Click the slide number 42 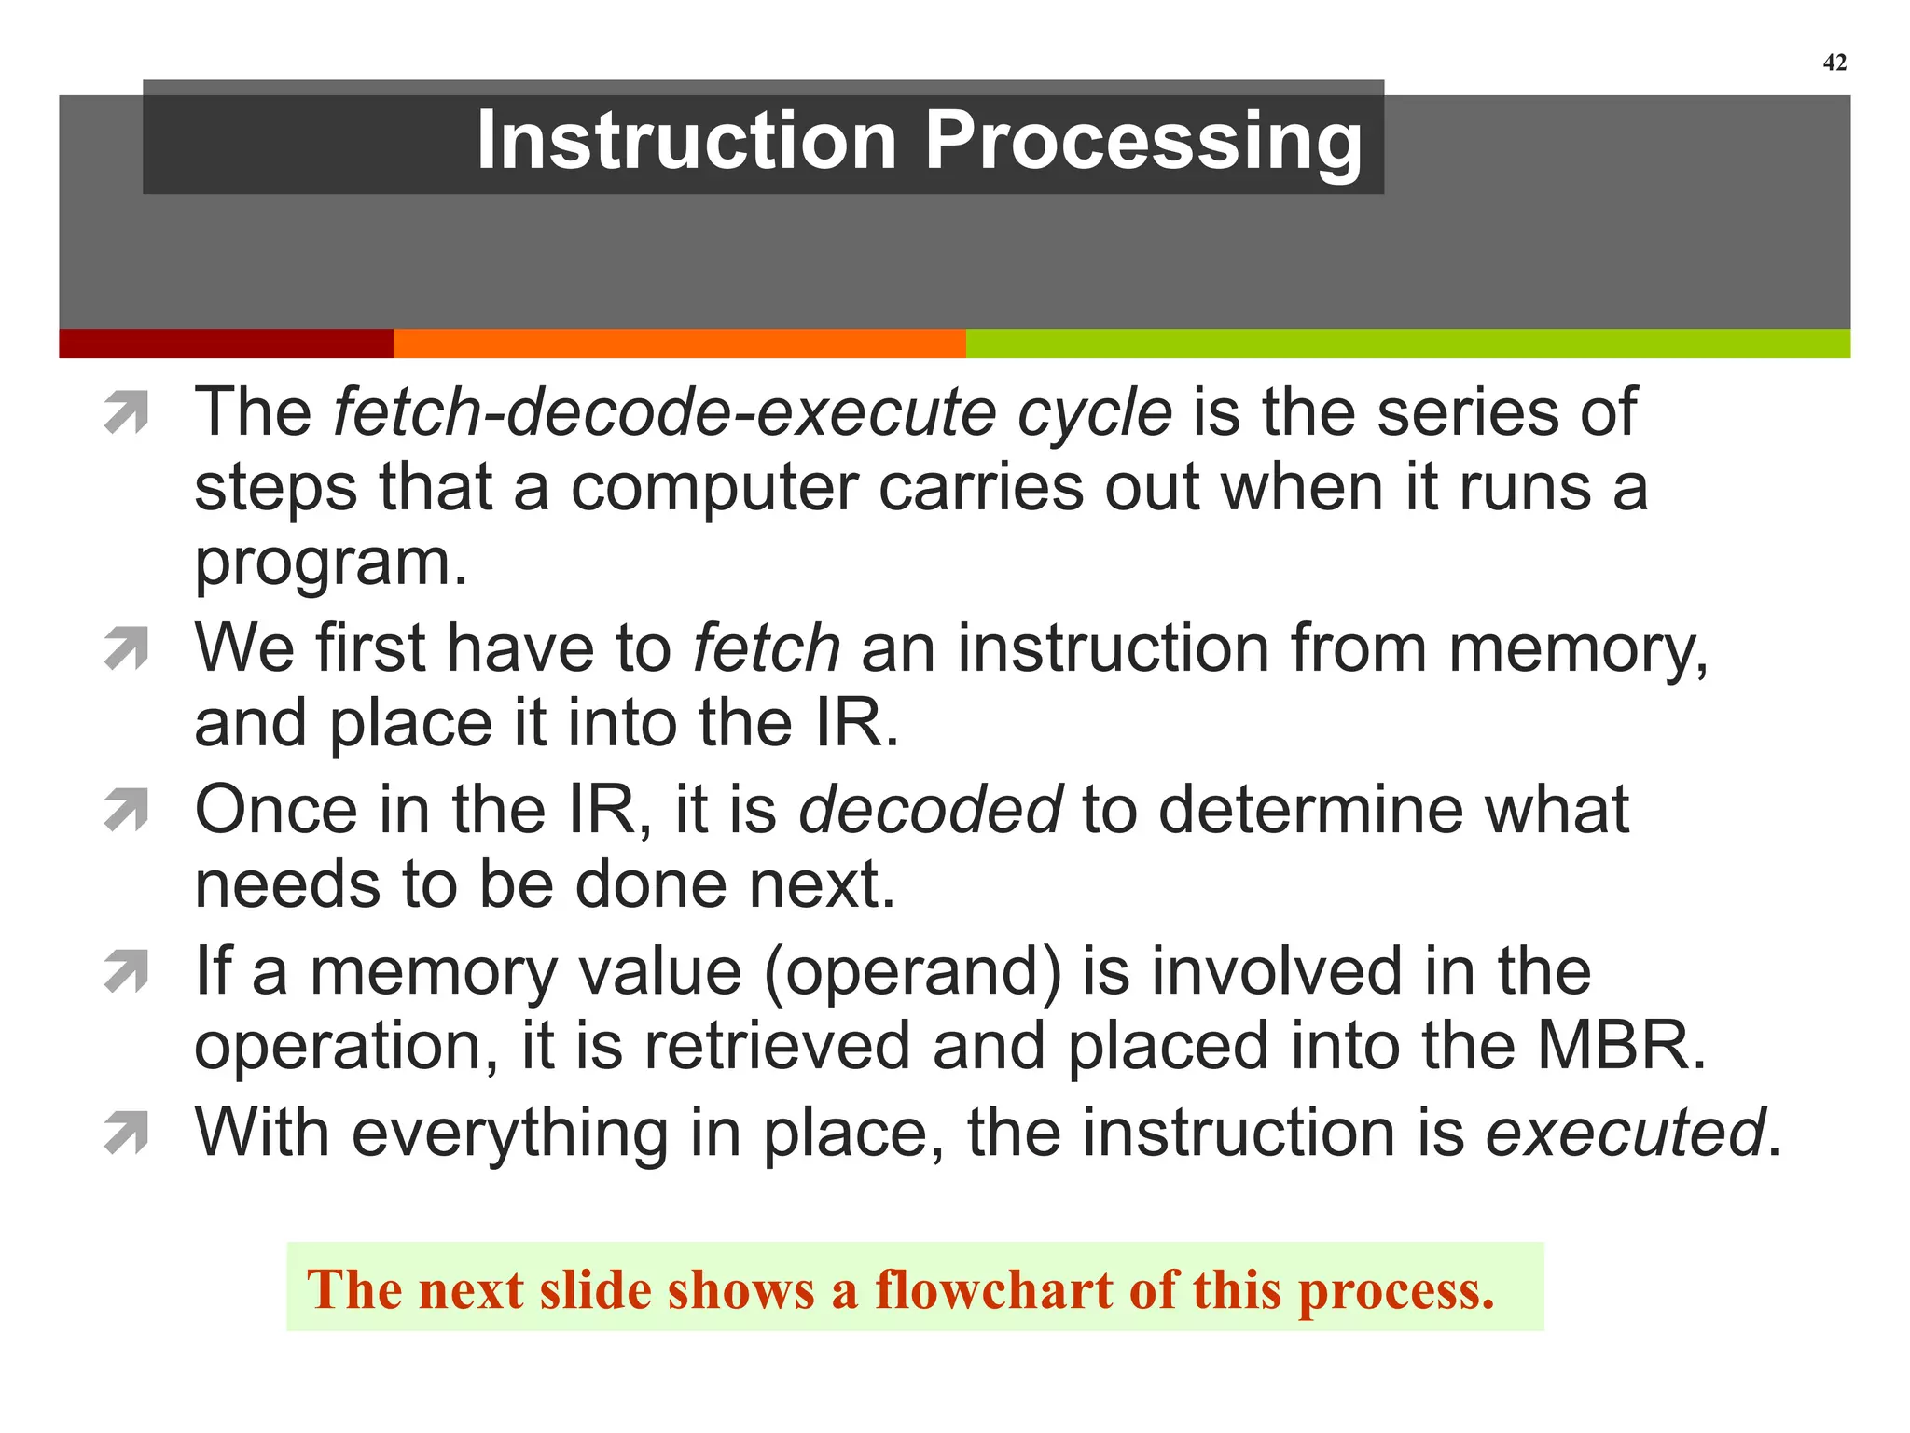click(x=1834, y=63)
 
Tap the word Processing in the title click(x=1142, y=142)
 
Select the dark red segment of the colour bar click(x=226, y=343)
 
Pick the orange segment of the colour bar click(x=679, y=343)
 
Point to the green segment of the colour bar click(x=1406, y=343)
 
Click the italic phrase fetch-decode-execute click(x=663, y=412)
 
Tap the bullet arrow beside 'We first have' click(x=127, y=648)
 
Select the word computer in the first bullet click(x=713, y=489)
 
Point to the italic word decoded click(x=930, y=810)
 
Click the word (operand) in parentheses click(x=913, y=972)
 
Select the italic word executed click(x=1624, y=1134)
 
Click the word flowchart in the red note click(x=992, y=1290)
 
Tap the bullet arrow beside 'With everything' click(x=127, y=1133)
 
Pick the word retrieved click(x=777, y=1047)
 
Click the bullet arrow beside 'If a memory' click(x=127, y=971)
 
